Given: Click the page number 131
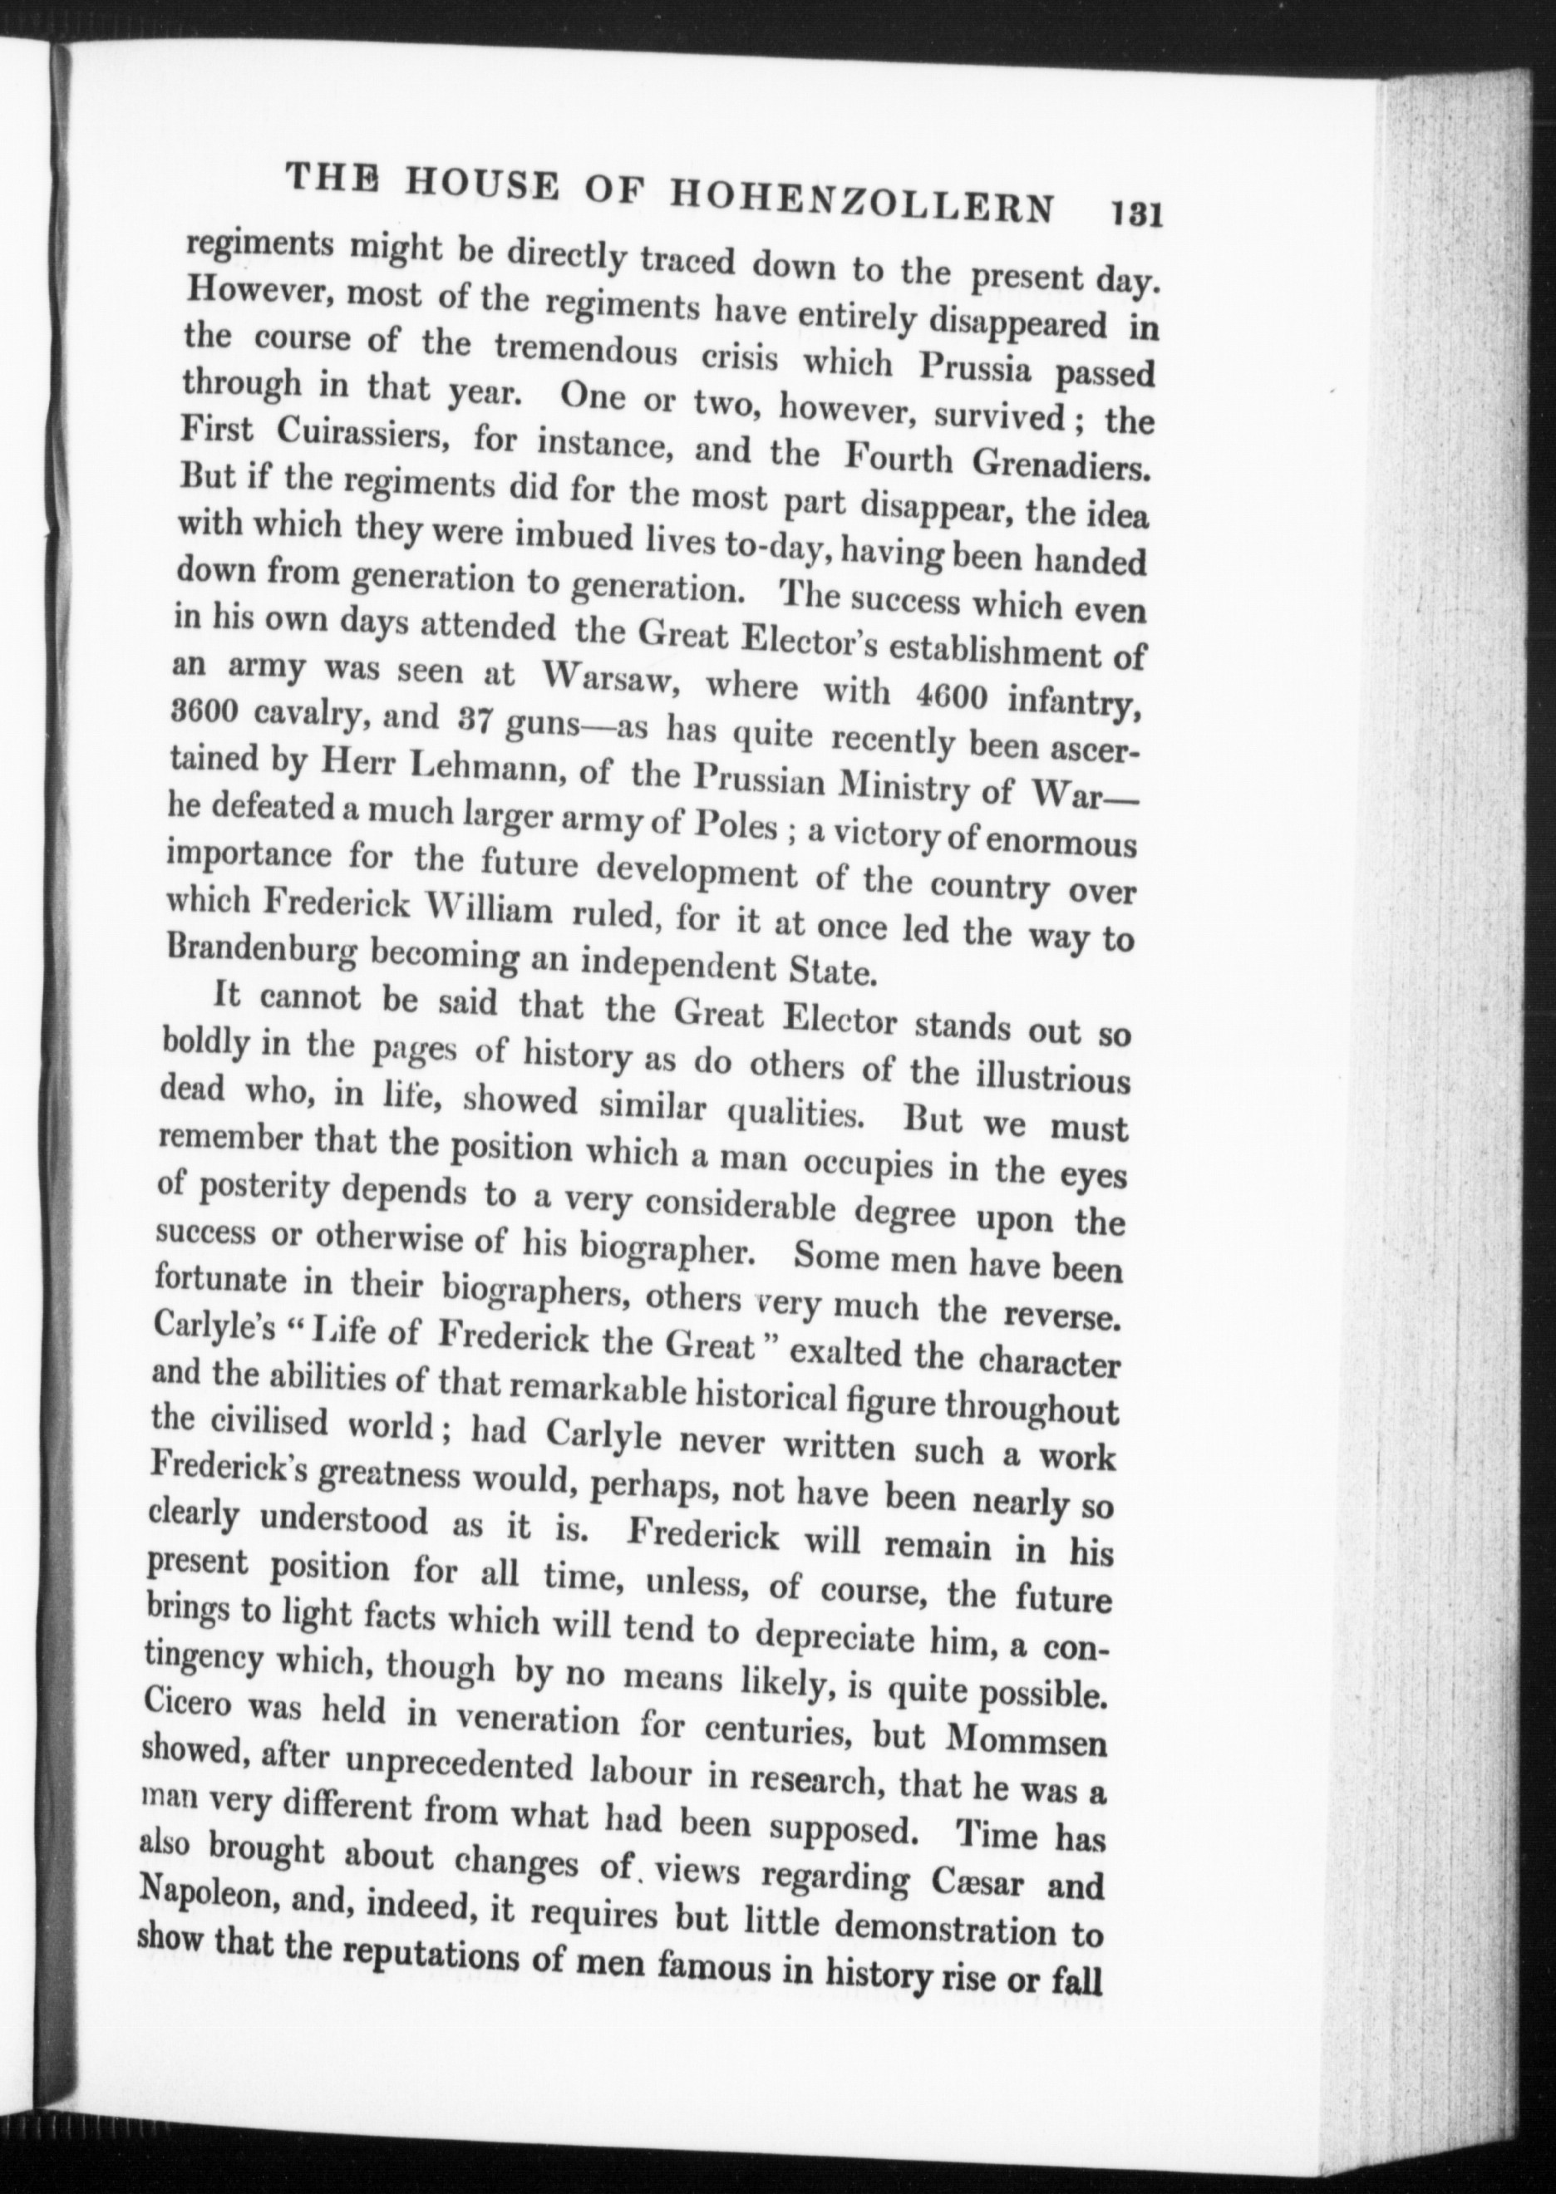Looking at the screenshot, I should coord(1134,214).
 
